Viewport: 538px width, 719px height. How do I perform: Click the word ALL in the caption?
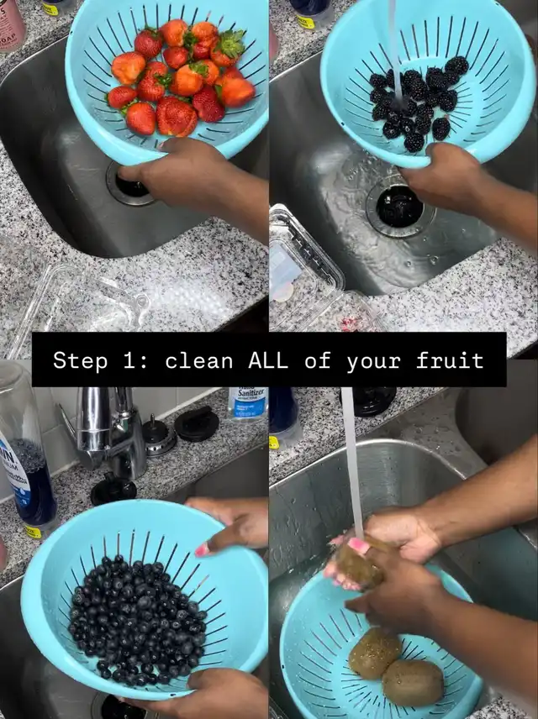click(x=268, y=360)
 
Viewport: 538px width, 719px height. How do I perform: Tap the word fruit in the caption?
click(x=450, y=360)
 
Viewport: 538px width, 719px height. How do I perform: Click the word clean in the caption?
click(x=199, y=360)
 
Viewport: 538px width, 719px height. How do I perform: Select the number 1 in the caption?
click(x=129, y=360)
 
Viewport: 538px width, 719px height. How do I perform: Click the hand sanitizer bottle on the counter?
click(x=247, y=402)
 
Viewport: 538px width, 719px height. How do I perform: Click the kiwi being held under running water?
click(x=360, y=564)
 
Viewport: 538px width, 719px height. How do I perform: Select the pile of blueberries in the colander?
click(x=138, y=619)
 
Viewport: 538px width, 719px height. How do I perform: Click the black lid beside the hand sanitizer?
click(x=197, y=424)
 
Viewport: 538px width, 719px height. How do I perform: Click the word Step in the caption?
click(x=81, y=360)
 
